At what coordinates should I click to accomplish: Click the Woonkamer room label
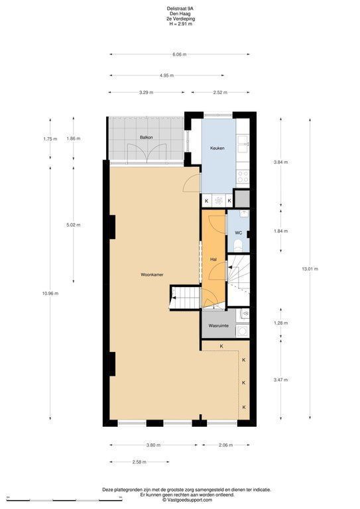click(x=152, y=274)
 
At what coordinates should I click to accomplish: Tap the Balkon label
click(x=146, y=137)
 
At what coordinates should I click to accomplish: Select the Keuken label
click(x=217, y=148)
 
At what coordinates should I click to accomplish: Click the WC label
click(x=238, y=233)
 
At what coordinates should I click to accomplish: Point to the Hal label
click(x=213, y=260)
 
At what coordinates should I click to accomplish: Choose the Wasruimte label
click(x=219, y=325)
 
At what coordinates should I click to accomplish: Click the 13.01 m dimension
click(x=310, y=269)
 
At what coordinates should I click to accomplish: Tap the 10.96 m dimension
click(x=50, y=294)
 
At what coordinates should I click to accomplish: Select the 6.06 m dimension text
click(x=180, y=54)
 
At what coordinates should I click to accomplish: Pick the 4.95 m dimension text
click(x=166, y=76)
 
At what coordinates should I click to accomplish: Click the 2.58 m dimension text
click(x=139, y=462)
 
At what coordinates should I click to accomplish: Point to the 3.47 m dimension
click(x=281, y=380)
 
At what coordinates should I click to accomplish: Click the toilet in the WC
click(x=238, y=245)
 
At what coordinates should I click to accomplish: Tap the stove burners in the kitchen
click(x=242, y=176)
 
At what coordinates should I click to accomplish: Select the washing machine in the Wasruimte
click(x=242, y=331)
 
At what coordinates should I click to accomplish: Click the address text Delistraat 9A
click(x=180, y=10)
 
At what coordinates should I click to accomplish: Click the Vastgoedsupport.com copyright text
click(x=188, y=500)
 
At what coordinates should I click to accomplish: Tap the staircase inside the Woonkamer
click(x=184, y=298)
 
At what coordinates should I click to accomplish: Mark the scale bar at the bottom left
click(x=64, y=499)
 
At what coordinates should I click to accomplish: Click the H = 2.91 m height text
click(x=180, y=24)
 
